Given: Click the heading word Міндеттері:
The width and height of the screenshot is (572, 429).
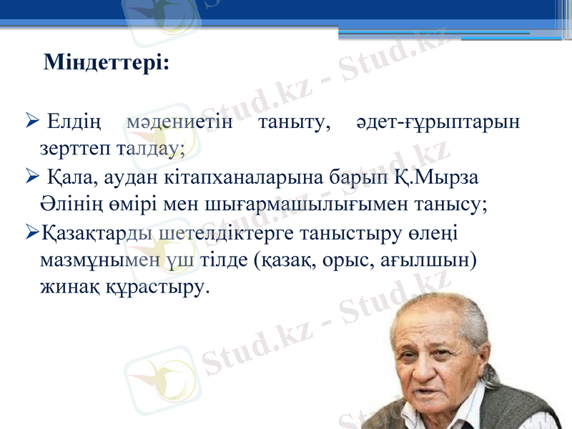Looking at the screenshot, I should click(107, 63).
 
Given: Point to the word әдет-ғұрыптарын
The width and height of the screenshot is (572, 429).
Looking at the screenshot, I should click(438, 123).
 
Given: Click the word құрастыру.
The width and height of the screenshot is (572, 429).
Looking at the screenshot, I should click(162, 287).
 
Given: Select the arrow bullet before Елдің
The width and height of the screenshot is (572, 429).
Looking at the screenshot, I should click(31, 122).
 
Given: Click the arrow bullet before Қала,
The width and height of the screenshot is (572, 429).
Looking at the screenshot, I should click(31, 177).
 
